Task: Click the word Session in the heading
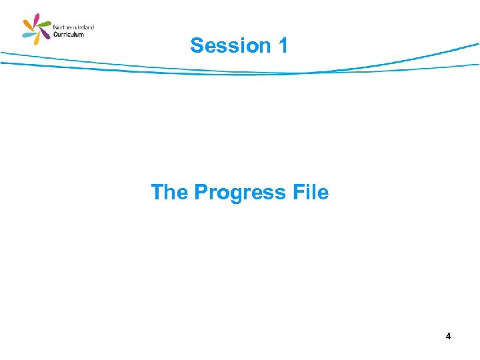227,45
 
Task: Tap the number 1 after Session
283,45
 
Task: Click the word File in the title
311,192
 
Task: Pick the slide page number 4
449,337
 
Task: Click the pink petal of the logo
36,19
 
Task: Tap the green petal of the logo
45,24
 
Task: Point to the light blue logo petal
28,34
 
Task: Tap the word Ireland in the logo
85,27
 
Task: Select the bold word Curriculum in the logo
69,34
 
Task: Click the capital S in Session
197,45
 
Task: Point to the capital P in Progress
201,192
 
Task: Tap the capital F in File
297,192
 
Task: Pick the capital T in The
157,192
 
